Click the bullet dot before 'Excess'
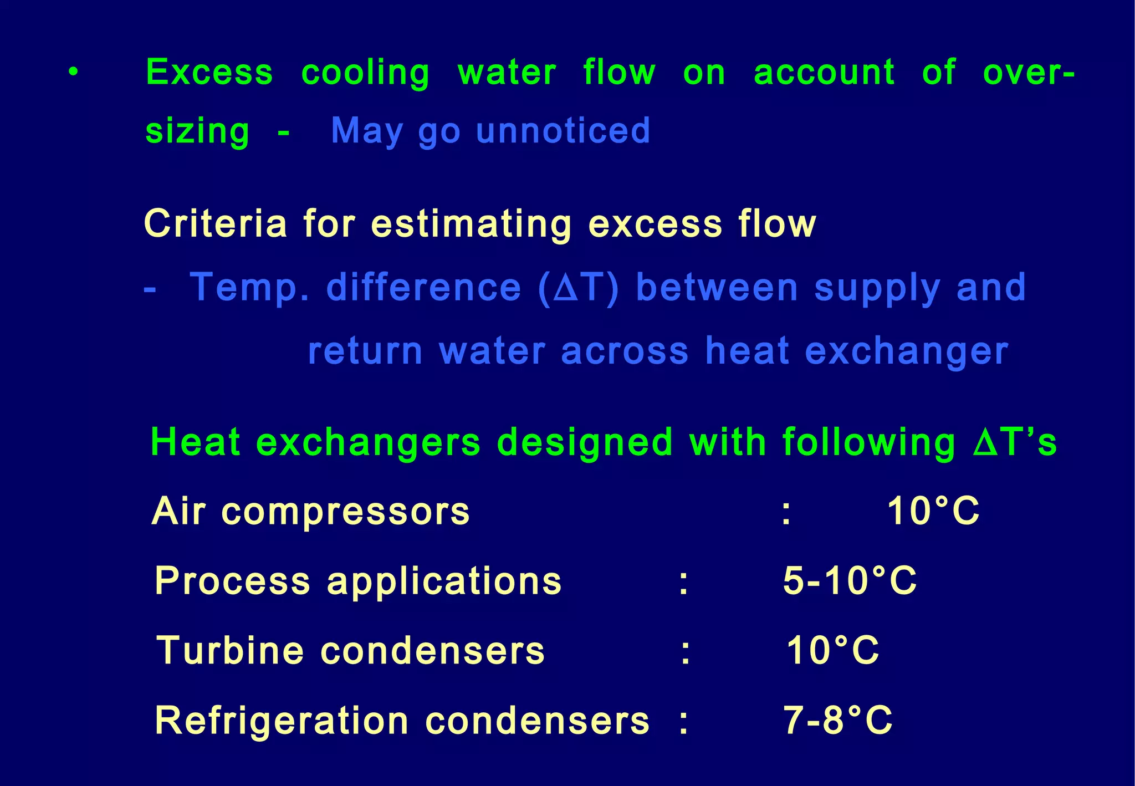click(x=73, y=73)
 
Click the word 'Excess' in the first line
click(x=209, y=73)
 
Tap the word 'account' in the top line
click(x=824, y=73)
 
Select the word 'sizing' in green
click(x=197, y=131)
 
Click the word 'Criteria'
click(x=216, y=224)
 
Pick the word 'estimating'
click(x=471, y=225)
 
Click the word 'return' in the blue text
click(x=365, y=351)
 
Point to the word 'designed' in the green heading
click(x=585, y=443)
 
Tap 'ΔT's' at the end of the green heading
click(x=1015, y=443)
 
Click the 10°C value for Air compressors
click(x=933, y=511)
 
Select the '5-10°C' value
click(x=850, y=581)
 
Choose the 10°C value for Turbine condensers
click(x=832, y=650)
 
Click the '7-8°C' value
click(x=837, y=721)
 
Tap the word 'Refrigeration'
click(x=282, y=721)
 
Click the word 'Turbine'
click(x=230, y=650)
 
